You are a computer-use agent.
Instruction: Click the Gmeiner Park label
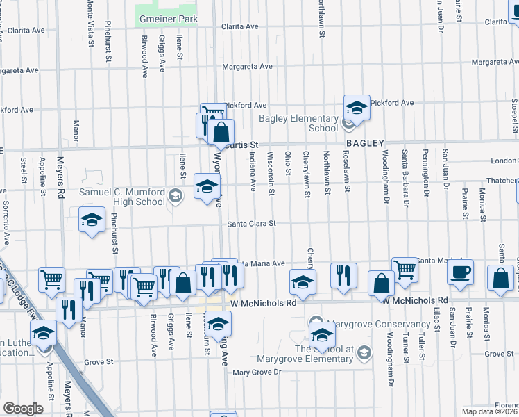click(x=167, y=19)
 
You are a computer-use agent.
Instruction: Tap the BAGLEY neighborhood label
click(x=365, y=143)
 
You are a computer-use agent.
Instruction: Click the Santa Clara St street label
click(x=253, y=224)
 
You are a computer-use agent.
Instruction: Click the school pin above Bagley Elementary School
click(x=357, y=107)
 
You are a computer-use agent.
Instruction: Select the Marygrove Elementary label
click(x=305, y=359)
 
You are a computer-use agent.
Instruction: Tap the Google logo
click(x=24, y=409)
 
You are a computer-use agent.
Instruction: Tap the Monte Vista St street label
click(x=91, y=24)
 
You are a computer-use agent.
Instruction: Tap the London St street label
click(x=503, y=161)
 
